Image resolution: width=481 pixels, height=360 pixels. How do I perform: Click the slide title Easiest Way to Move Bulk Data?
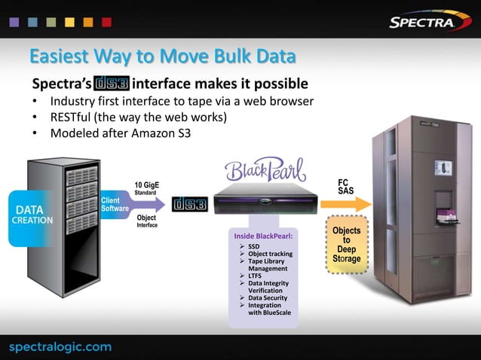click(x=161, y=57)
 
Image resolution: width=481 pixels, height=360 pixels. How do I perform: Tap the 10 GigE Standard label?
click(x=146, y=188)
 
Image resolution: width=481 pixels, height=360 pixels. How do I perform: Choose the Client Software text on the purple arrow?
click(x=116, y=204)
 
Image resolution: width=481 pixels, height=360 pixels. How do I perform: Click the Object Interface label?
click(x=146, y=221)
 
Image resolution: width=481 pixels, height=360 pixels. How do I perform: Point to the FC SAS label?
click(x=345, y=186)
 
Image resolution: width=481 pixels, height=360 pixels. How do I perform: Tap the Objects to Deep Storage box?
click(x=346, y=245)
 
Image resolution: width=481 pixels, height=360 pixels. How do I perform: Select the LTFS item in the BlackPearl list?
click(x=256, y=276)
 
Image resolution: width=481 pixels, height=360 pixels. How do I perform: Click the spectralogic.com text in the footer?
click(x=60, y=346)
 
